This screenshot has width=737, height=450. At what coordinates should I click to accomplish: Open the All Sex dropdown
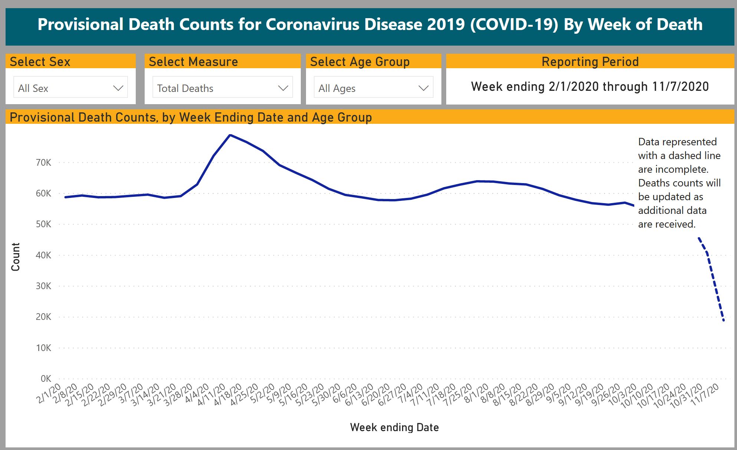pos(70,88)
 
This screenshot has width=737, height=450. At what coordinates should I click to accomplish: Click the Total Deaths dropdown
pos(222,88)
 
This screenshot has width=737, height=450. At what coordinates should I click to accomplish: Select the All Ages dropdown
pos(373,88)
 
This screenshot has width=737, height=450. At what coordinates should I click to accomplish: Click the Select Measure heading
pos(193,62)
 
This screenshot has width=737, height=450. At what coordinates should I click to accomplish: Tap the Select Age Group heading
pos(360,62)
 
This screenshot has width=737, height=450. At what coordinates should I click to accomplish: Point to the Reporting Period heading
pos(590,62)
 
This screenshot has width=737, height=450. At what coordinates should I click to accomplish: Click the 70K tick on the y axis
pos(43,162)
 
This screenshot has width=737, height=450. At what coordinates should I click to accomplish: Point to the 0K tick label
pos(46,378)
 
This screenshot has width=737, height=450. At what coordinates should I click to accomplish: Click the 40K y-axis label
pos(43,255)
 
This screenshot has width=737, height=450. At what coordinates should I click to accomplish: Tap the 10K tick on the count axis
pos(43,348)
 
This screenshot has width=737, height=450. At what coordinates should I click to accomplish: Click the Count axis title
pos(16,257)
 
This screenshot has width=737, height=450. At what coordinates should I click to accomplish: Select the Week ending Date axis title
pos(394,427)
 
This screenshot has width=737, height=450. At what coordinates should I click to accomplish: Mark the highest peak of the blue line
pos(230,135)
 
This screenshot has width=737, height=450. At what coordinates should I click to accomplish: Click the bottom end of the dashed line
pos(724,321)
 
